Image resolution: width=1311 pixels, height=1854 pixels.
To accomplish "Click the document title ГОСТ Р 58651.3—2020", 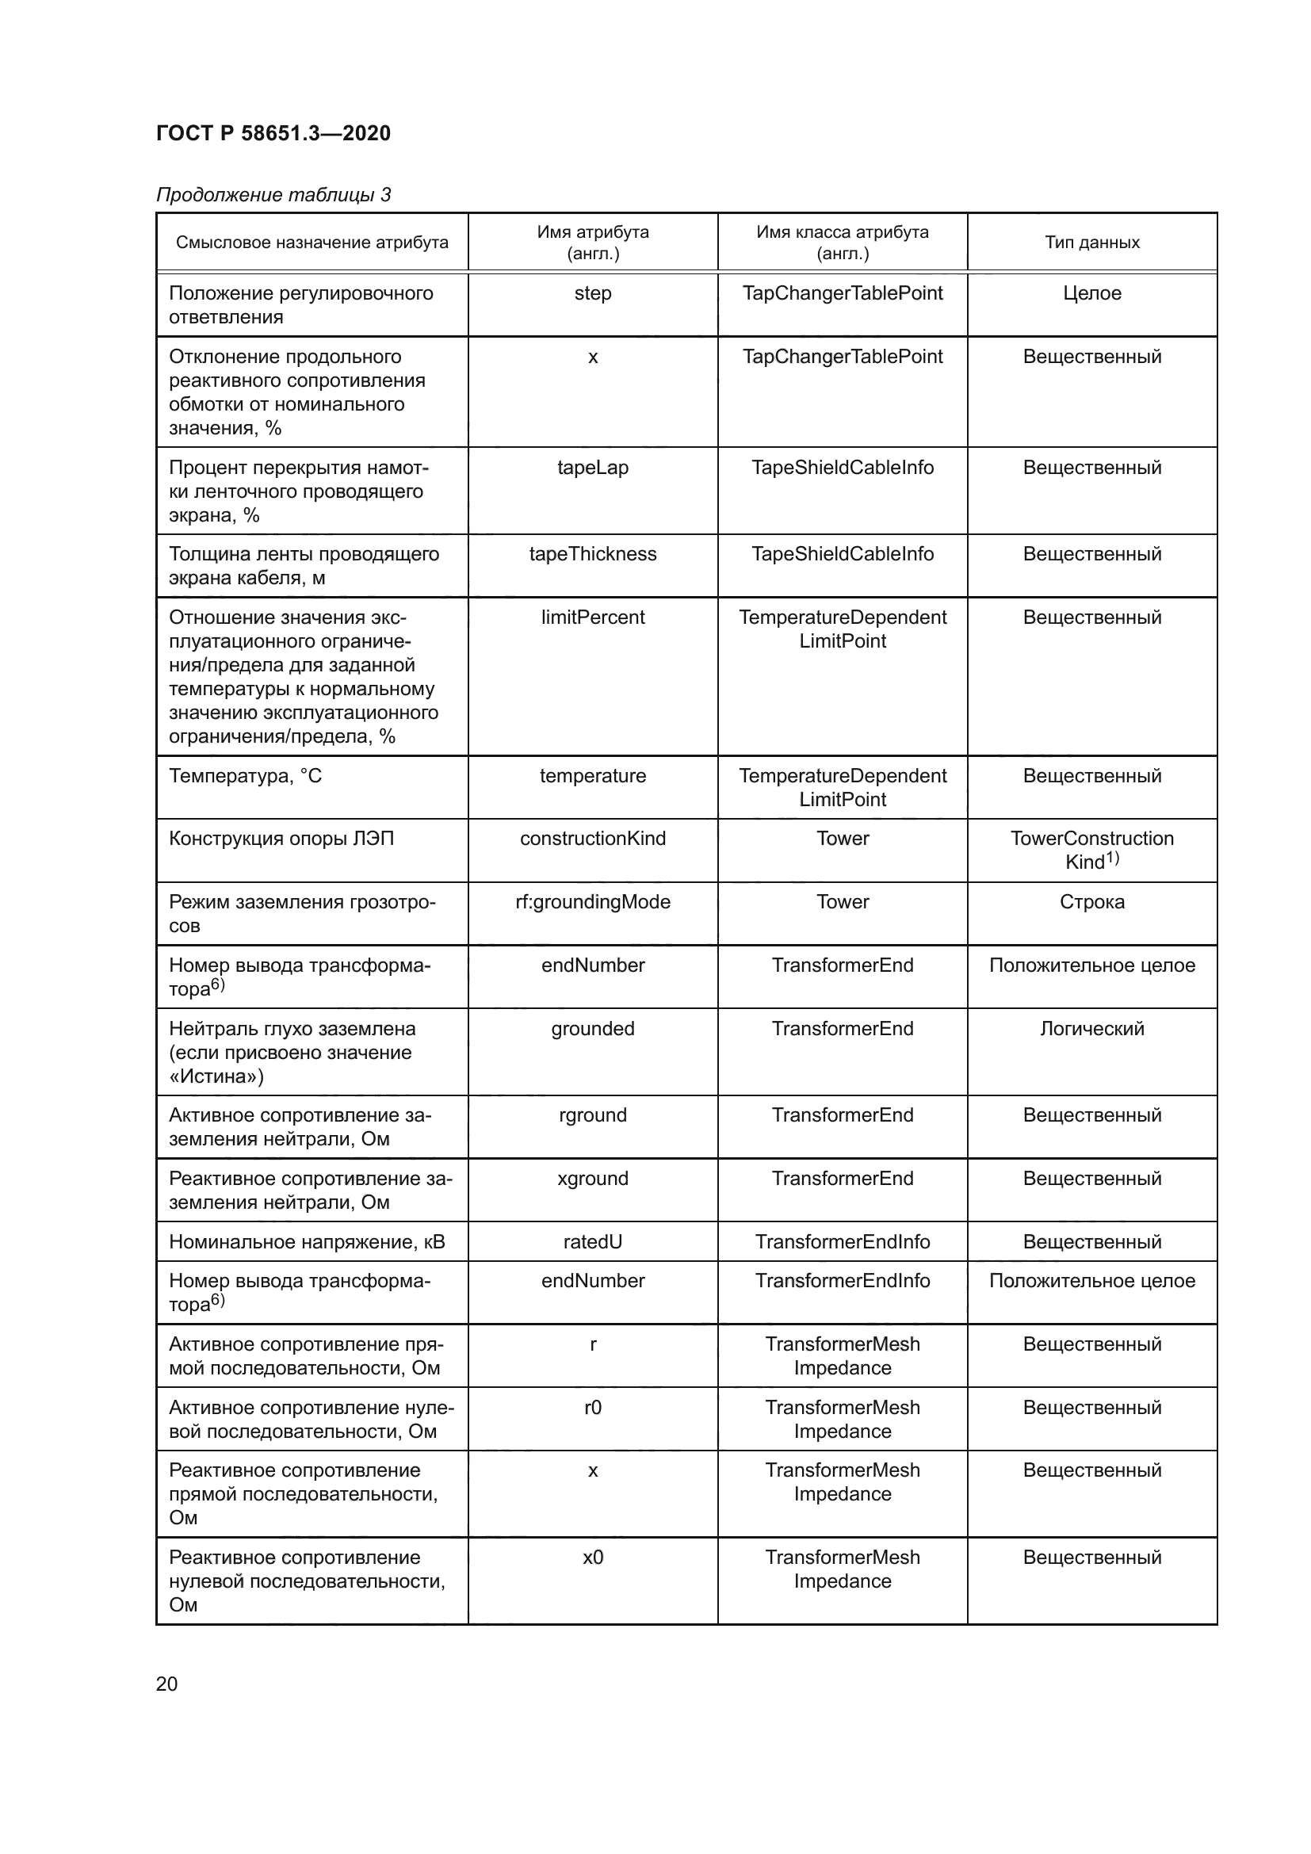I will pos(273,133).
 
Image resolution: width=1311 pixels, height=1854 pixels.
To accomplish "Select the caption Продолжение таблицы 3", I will pos(273,195).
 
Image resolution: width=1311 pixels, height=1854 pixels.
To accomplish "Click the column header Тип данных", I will pos(1091,243).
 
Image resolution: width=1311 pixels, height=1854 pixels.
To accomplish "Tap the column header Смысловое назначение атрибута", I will pos(312,243).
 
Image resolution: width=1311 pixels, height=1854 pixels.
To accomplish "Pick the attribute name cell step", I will pos(593,293).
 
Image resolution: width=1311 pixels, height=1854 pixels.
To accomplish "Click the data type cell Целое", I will pos(1091,293).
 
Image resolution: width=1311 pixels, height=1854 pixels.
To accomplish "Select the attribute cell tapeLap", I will pos(593,468).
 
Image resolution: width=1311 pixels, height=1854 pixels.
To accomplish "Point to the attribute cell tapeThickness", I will pos(593,554).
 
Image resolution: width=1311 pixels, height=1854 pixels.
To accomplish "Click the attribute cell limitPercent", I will pos(593,617).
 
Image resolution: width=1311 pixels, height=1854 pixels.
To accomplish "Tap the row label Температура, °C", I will pos(245,776).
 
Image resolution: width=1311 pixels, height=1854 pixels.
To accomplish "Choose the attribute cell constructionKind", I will pos(593,838).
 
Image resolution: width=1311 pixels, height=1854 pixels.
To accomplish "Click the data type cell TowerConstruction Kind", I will pos(1091,850).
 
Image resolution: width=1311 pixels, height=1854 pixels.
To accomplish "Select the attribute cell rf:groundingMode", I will pos(593,902).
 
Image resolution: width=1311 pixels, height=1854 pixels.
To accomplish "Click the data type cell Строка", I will pos(1091,902).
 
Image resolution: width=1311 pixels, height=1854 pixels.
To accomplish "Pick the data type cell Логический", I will pos(1091,1029).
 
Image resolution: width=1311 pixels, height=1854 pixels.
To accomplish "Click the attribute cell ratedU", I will pos(593,1242).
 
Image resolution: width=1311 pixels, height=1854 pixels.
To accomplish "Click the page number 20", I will pos(166,1684).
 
